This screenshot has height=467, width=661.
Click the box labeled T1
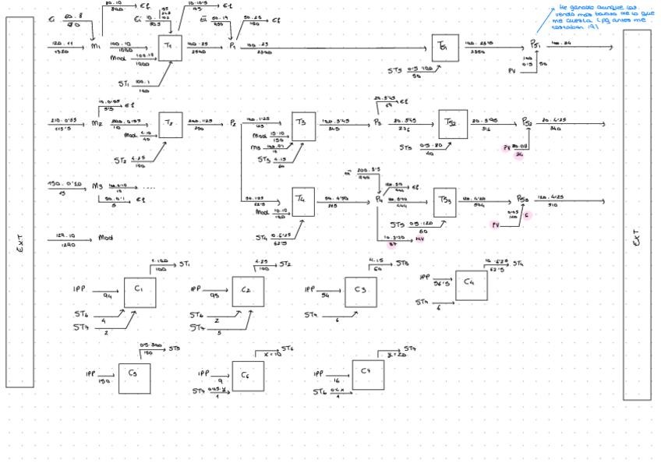[x=170, y=48]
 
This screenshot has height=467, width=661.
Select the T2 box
[x=170, y=125]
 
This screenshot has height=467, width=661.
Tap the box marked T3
[x=303, y=126]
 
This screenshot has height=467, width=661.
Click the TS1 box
[x=443, y=48]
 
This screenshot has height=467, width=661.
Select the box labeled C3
[x=361, y=290]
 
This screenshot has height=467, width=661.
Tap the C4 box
[x=471, y=284]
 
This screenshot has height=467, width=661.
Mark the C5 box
[x=134, y=377]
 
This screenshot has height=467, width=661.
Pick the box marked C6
[x=247, y=377]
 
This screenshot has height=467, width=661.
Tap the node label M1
[x=97, y=47]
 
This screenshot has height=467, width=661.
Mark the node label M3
[x=97, y=186]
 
